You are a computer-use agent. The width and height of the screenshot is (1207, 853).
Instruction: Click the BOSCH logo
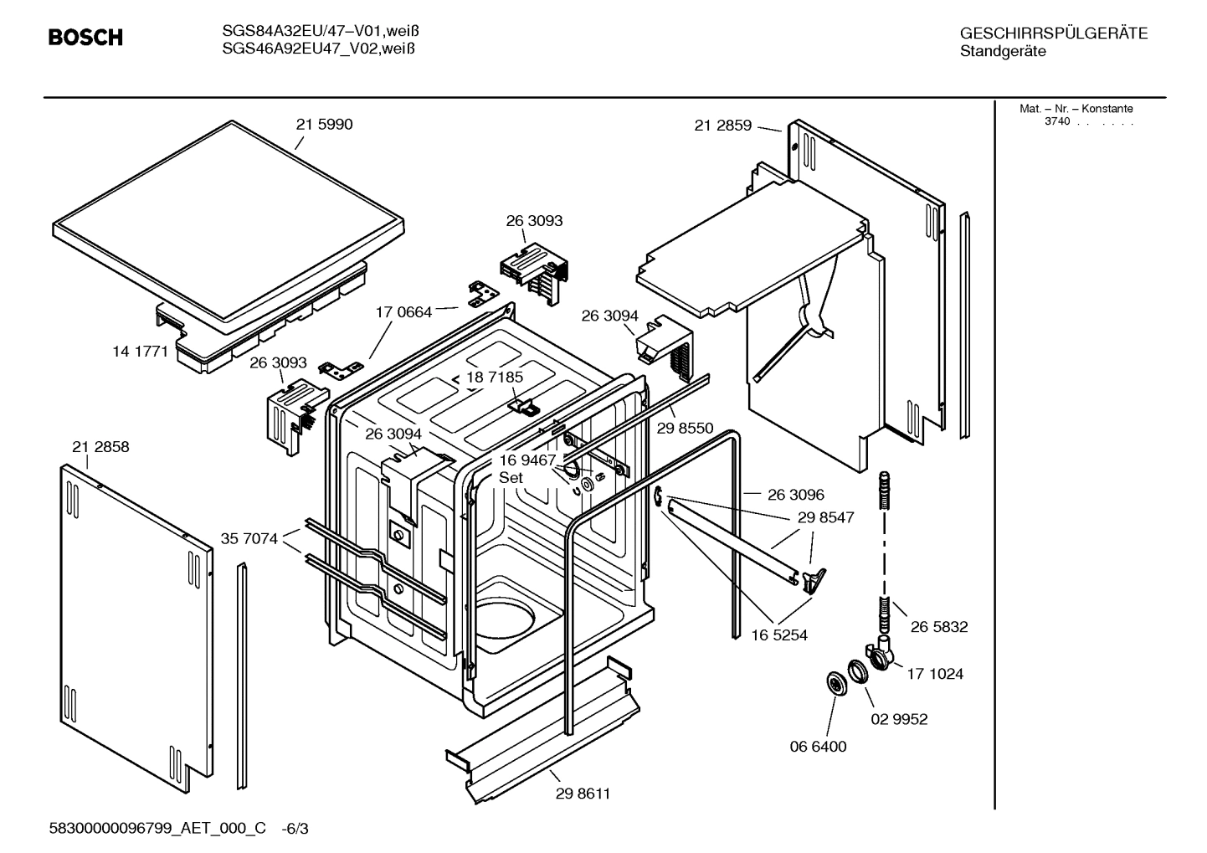(x=85, y=38)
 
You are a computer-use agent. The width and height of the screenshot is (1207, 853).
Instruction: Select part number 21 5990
(x=324, y=125)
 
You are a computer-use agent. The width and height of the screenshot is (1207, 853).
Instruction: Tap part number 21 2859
(x=722, y=126)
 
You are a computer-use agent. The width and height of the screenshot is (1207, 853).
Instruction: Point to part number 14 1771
(x=141, y=352)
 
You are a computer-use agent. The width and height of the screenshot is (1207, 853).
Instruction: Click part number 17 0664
(x=403, y=312)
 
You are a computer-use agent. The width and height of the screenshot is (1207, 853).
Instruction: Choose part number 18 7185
(x=495, y=378)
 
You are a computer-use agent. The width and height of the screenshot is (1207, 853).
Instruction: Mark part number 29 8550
(x=685, y=429)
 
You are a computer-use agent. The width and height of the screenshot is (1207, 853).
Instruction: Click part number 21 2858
(x=100, y=447)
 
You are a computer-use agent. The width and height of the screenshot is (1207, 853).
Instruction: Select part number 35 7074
(x=249, y=538)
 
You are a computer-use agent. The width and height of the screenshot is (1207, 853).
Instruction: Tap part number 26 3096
(x=795, y=495)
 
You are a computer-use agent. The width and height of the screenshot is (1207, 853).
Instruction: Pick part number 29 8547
(x=825, y=517)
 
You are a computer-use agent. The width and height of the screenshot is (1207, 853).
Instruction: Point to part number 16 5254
(x=778, y=635)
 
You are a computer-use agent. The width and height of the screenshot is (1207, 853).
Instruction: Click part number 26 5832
(x=938, y=627)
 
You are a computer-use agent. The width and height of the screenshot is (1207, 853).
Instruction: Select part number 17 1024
(x=934, y=674)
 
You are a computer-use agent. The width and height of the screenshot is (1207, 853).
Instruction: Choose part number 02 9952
(x=899, y=719)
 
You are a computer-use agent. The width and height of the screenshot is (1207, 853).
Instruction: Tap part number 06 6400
(x=818, y=747)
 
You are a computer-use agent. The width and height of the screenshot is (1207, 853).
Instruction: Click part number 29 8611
(x=583, y=794)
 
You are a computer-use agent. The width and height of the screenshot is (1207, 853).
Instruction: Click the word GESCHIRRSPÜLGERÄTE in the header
(x=1053, y=33)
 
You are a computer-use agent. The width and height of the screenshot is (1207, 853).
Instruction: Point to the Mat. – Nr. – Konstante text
(x=1076, y=109)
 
